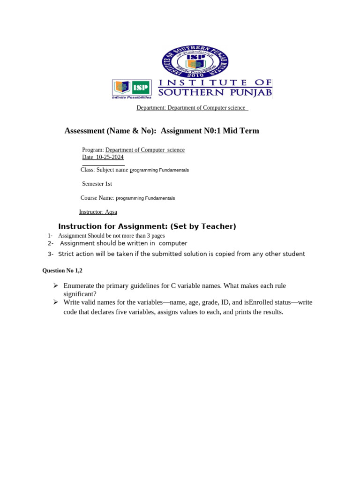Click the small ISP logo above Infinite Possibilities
[132, 87]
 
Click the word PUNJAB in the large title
[249, 93]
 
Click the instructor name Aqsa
[111, 212]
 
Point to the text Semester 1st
[97, 184]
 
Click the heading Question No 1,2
[62, 270]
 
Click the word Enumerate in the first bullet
[81, 285]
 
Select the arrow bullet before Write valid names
[55, 302]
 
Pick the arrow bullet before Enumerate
[55, 285]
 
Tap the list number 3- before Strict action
[51, 254]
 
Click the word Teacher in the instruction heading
[217, 226]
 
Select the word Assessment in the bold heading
[84, 131]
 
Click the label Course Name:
[97, 198]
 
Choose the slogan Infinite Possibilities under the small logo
[132, 97]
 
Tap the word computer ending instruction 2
[173, 243]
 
